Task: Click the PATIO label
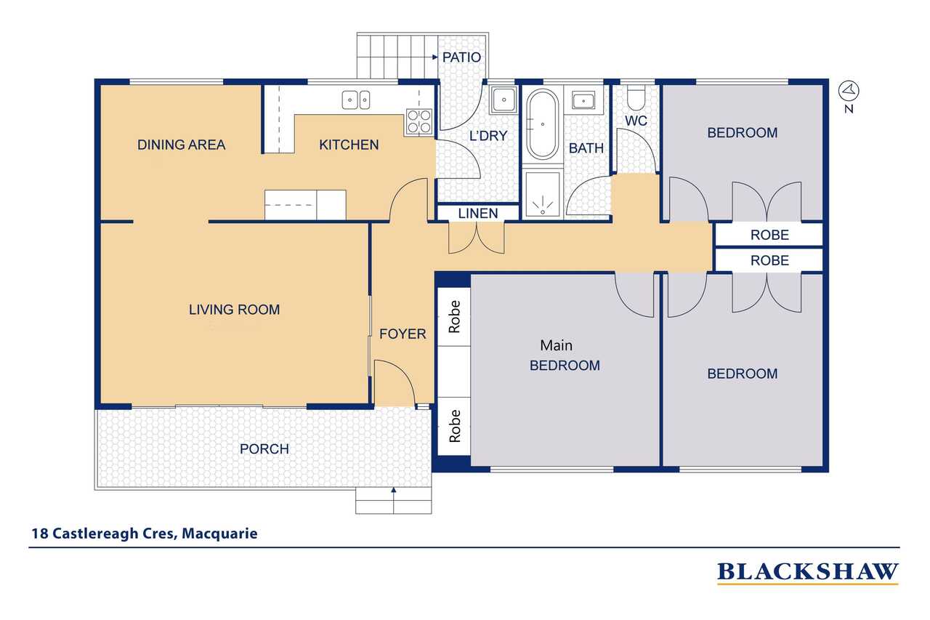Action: tap(461, 57)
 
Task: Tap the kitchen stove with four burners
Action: tap(419, 121)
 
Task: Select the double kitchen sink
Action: tap(356, 100)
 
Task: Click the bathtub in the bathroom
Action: tap(542, 124)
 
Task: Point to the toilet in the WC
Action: tap(636, 98)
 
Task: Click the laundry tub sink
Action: tap(504, 100)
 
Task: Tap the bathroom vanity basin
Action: tap(583, 100)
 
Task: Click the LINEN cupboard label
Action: tap(478, 214)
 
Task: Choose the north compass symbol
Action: tap(849, 96)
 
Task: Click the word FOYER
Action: tap(403, 334)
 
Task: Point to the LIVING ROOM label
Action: tap(234, 310)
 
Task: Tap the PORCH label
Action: tap(264, 449)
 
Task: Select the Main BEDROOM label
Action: tap(565, 355)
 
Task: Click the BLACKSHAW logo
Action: tap(807, 573)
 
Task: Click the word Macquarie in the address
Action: tap(219, 534)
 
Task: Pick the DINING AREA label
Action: tap(181, 145)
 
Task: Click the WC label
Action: tap(636, 121)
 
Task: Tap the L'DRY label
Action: tap(488, 136)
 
